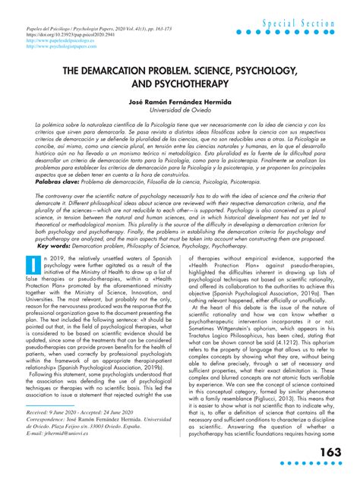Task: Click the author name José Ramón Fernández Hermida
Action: (x=179, y=101)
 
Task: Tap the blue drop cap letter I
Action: (x=33, y=266)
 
